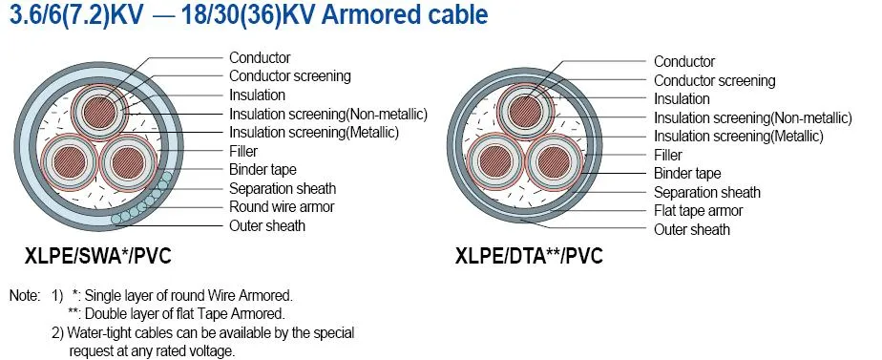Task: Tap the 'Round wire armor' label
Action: tap(282, 206)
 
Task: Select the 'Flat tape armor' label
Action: tap(698, 210)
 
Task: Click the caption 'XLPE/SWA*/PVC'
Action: tap(98, 256)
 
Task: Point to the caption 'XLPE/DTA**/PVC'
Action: tap(528, 256)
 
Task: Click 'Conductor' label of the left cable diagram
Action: tap(260, 58)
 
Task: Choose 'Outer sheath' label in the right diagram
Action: tap(691, 229)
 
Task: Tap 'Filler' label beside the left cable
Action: tap(243, 151)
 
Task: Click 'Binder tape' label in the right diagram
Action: tap(687, 173)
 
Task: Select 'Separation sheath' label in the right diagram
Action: tap(706, 192)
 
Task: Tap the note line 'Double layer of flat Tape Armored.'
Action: tap(177, 313)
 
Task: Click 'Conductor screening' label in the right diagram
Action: tap(714, 80)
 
